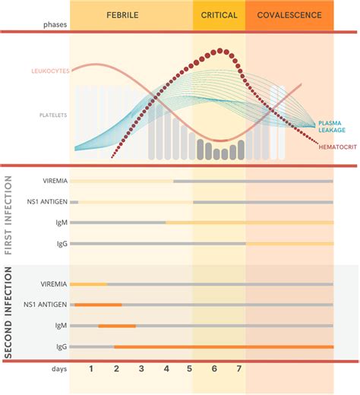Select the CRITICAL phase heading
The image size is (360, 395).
219,14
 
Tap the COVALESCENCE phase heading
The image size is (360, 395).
289,14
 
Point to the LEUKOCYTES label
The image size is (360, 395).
50,71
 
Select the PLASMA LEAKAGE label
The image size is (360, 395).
334,125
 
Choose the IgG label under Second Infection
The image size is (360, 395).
61,346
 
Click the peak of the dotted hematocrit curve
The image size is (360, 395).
219,51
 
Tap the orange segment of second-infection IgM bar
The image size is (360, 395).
117,325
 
